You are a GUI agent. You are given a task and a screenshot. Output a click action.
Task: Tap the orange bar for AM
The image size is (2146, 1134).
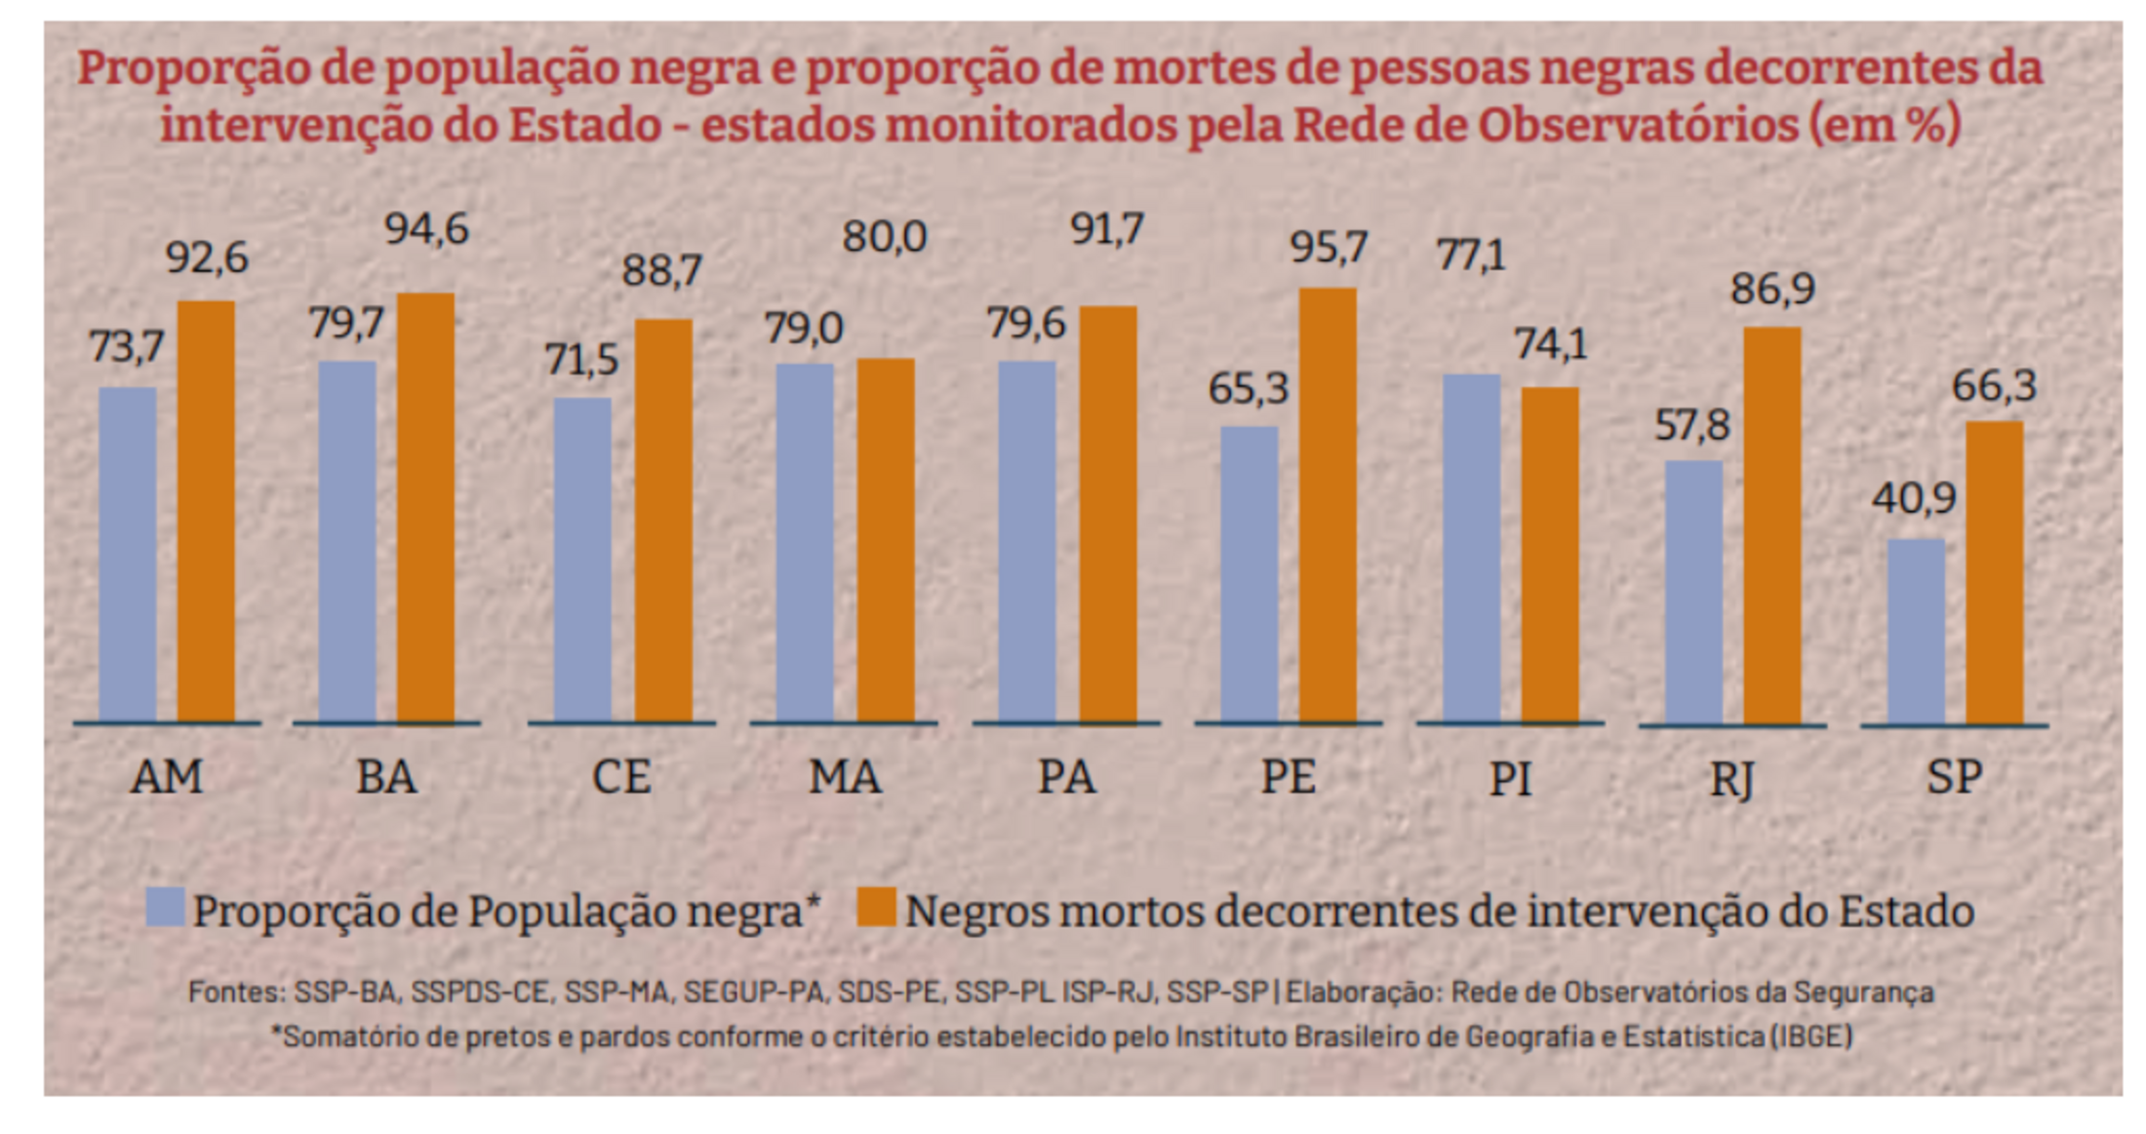pos(206,512)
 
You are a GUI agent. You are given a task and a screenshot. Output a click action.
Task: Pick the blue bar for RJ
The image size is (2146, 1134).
pos(1693,592)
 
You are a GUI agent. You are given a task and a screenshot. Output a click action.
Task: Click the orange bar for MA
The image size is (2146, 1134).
pos(886,540)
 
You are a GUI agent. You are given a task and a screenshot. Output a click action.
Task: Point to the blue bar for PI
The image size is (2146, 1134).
pos(1471,548)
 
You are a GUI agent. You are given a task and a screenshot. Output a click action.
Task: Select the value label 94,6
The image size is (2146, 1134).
pos(426,230)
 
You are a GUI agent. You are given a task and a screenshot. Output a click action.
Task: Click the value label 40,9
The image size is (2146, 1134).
pos(1913,499)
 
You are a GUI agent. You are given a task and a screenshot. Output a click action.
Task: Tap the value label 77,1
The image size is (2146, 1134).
pos(1471,255)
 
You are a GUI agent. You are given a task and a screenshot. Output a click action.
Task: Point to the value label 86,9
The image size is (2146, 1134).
pos(1772,290)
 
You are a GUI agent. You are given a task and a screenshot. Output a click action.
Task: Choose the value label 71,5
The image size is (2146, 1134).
pos(581,361)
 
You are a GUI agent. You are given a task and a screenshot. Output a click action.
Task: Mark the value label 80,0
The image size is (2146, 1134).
pos(884,238)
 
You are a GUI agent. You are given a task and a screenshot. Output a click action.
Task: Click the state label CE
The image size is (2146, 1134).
pos(621,778)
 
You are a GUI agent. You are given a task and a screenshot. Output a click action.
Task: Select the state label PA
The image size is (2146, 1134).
pos(1065,778)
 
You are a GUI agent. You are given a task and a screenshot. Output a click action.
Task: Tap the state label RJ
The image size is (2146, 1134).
pos(1731,780)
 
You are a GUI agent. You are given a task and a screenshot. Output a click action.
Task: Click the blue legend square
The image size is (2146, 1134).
pos(165,907)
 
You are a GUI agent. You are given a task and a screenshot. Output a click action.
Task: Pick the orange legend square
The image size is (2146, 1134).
pos(876,907)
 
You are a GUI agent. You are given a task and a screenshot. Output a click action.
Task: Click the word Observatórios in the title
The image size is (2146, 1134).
pos(1638,126)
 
